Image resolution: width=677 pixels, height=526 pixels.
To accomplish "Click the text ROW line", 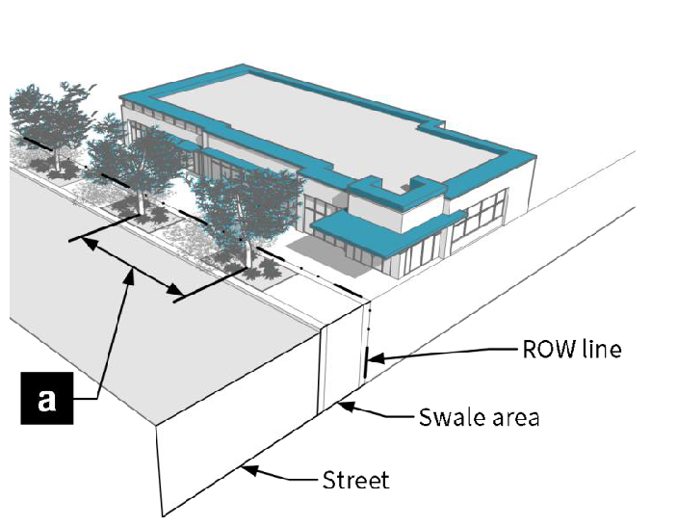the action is click(x=572, y=348).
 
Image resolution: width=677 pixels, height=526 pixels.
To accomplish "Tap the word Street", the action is click(x=356, y=479).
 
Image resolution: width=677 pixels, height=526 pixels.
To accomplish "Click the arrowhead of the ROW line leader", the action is click(x=372, y=358).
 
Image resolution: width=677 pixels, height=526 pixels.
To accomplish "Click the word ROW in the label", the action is click(x=546, y=348).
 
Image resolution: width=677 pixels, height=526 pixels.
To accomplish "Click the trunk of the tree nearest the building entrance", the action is click(x=251, y=252).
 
